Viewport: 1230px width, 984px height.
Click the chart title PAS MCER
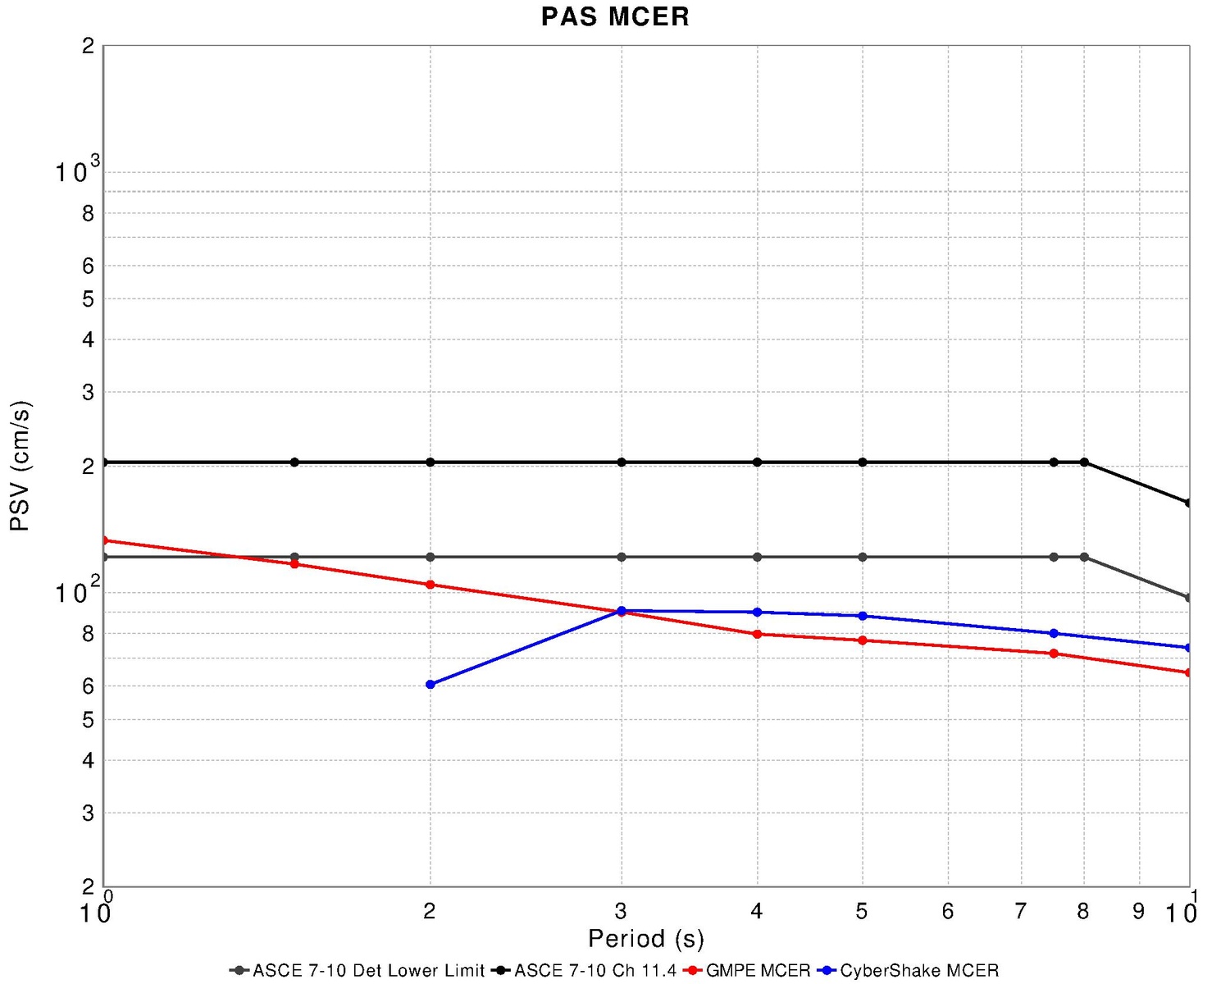(x=615, y=16)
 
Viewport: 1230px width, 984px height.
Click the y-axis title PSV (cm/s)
(x=20, y=466)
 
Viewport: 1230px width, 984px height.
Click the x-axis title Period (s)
(x=645, y=938)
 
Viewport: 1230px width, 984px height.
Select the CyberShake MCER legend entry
(x=918, y=970)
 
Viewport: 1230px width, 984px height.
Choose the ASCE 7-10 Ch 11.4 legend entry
(x=594, y=970)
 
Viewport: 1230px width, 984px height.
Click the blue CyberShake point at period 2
(x=430, y=684)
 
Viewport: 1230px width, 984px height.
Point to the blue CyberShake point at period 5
(x=862, y=616)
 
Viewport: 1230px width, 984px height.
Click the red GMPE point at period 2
(x=430, y=585)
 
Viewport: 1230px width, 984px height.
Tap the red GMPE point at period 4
(x=757, y=634)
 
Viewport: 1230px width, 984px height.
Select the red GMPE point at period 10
(x=1188, y=672)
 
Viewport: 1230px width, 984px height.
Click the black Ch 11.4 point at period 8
(x=1084, y=462)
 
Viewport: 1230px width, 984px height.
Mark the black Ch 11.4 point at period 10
(x=1188, y=503)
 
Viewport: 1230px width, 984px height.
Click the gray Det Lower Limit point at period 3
(x=622, y=557)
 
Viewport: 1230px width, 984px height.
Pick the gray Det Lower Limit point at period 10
(x=1188, y=598)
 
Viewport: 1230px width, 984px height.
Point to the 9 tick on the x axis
(x=1138, y=911)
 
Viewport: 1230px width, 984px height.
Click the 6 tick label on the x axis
(x=948, y=911)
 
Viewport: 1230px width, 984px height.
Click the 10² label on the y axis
(x=78, y=591)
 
